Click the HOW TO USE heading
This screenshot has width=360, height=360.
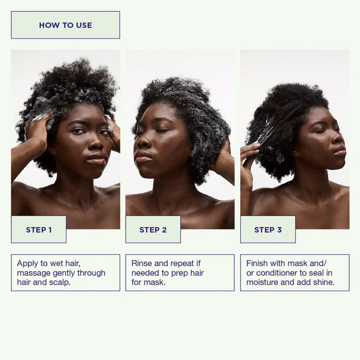[65, 25]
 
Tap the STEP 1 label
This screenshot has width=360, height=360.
[39, 230]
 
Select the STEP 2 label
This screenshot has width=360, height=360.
[153, 230]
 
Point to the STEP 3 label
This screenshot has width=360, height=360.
[268, 230]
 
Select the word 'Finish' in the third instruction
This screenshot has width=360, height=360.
[258, 264]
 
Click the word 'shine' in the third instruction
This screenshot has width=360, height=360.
[321, 282]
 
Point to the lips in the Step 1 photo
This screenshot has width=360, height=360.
[97, 158]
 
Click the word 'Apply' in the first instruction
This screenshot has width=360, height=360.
[27, 264]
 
